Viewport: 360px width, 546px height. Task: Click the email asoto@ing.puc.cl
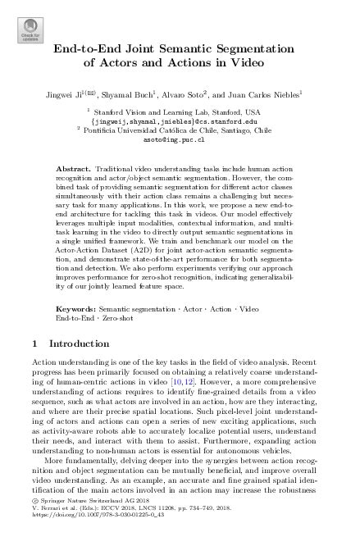[179, 139]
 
